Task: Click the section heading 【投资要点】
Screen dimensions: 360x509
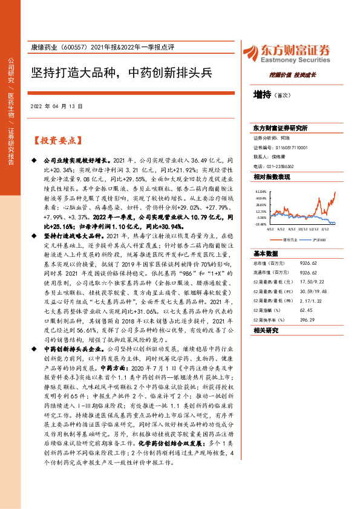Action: click(x=56, y=140)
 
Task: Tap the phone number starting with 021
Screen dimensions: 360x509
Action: click(x=280, y=166)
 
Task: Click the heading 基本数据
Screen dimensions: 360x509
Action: click(x=266, y=253)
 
